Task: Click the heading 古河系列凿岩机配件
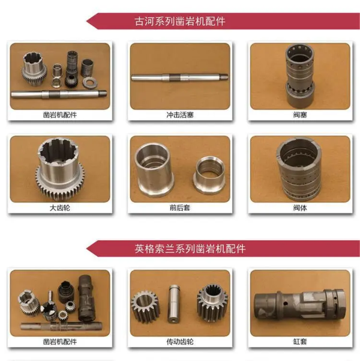point(179,22)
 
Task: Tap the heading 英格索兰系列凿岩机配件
point(190,249)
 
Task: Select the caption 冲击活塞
point(180,115)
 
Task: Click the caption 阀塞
point(300,115)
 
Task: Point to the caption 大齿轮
point(60,208)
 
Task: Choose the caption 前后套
point(180,208)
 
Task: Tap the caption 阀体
point(300,208)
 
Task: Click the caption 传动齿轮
point(180,342)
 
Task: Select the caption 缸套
point(300,342)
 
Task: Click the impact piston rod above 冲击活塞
point(179,77)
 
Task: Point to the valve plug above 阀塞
point(300,76)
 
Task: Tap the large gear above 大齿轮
point(60,169)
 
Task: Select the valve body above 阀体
point(299,169)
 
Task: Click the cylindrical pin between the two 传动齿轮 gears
point(175,304)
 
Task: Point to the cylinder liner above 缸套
point(299,304)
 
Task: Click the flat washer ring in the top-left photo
point(90,83)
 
